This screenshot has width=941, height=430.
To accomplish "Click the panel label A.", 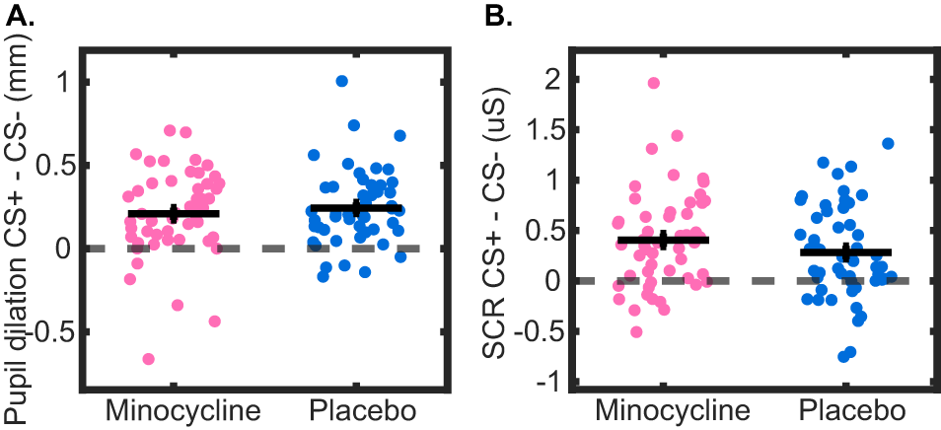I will pyautogui.click(x=17, y=14).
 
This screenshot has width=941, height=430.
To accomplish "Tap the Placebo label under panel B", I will pyautogui.click(x=846, y=408).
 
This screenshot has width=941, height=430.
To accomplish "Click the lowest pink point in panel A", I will pyautogui.click(x=149, y=359).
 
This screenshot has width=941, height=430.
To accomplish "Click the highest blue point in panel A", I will pyautogui.click(x=341, y=81).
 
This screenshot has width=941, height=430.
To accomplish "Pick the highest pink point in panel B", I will pyautogui.click(x=653, y=83).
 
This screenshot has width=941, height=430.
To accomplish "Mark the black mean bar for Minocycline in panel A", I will pyautogui.click(x=174, y=213).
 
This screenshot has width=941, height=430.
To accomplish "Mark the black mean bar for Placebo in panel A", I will pyautogui.click(x=356, y=208).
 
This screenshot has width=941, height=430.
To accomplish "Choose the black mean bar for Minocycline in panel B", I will pyautogui.click(x=663, y=240).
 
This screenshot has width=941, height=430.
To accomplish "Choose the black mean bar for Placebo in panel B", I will pyautogui.click(x=845, y=252).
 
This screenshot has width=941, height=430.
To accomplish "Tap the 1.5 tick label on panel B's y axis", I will pyautogui.click(x=545, y=129).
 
